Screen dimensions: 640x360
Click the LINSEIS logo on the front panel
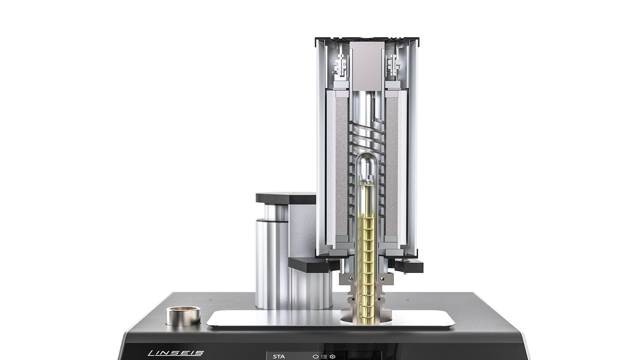click(176, 353)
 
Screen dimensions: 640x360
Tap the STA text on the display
click(279, 357)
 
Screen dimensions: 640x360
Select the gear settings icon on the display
click(332, 357)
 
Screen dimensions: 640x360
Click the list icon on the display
click(324, 357)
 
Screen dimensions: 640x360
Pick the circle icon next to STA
click(315, 357)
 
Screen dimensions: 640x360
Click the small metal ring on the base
click(183, 316)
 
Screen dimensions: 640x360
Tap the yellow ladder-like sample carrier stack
click(366, 269)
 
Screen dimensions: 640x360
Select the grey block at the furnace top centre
click(367, 66)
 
